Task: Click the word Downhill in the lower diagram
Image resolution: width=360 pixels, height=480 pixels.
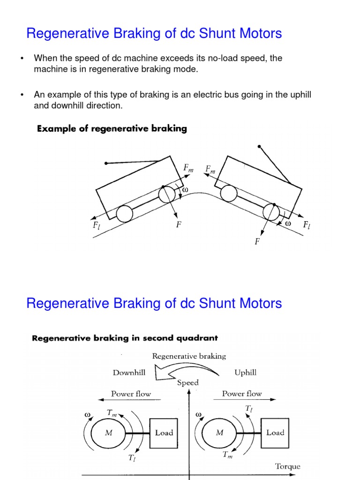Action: point(129,373)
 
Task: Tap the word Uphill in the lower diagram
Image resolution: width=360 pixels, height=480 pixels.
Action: point(245,373)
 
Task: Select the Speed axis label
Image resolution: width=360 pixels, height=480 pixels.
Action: point(187,382)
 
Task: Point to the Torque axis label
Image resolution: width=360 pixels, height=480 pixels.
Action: point(288,466)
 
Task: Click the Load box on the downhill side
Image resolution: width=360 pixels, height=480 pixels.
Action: point(164,433)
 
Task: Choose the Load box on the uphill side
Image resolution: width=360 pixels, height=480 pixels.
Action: point(275,433)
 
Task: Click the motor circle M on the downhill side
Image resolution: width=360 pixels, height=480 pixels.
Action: point(109,433)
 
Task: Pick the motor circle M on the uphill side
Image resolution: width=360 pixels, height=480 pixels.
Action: point(219,433)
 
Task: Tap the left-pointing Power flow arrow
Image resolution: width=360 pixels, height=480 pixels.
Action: point(129,400)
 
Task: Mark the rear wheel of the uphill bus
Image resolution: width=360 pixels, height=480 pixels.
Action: point(124,214)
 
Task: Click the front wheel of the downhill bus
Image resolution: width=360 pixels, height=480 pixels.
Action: point(271,212)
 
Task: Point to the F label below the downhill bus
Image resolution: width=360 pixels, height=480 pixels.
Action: point(257,242)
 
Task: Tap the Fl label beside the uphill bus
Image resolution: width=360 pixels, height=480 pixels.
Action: point(97,225)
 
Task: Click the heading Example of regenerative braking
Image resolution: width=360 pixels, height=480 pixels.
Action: point(112,129)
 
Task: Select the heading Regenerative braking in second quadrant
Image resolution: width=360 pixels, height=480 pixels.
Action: point(124,337)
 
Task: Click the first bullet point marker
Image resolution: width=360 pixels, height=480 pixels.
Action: point(22,59)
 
